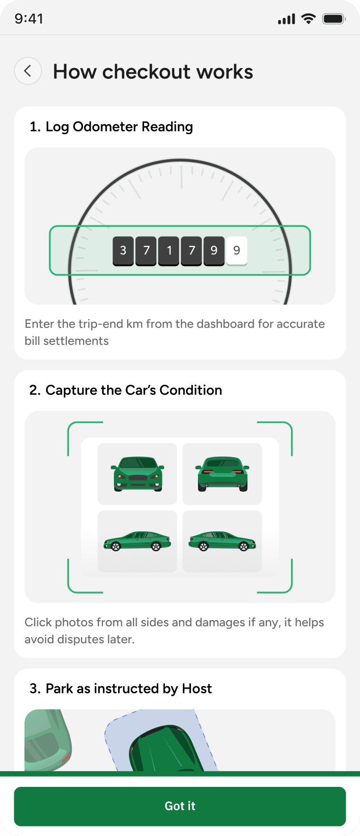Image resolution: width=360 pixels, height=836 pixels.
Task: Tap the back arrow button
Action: point(28,71)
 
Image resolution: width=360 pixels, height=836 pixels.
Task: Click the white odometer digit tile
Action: point(237,251)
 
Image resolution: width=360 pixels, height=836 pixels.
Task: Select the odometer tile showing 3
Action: point(123,251)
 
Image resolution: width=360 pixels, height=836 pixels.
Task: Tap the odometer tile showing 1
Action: point(169,251)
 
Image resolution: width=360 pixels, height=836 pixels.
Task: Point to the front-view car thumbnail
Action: point(137,474)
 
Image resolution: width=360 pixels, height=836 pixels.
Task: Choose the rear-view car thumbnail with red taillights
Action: point(222,474)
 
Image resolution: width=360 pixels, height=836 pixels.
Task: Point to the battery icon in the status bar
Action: point(334,19)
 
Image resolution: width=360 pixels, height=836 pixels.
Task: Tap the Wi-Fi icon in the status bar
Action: point(309,19)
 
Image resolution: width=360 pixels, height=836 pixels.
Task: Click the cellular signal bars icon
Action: point(286,19)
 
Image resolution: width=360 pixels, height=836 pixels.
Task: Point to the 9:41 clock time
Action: point(29,19)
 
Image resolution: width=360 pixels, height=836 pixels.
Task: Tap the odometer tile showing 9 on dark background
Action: point(214,251)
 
